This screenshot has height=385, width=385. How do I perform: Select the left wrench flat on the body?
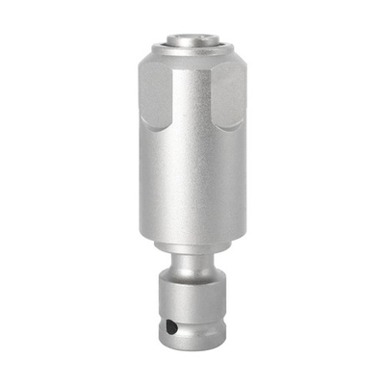(155, 96)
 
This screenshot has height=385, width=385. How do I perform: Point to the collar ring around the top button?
(192, 47)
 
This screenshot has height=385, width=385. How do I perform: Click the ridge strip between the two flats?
(192, 96)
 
